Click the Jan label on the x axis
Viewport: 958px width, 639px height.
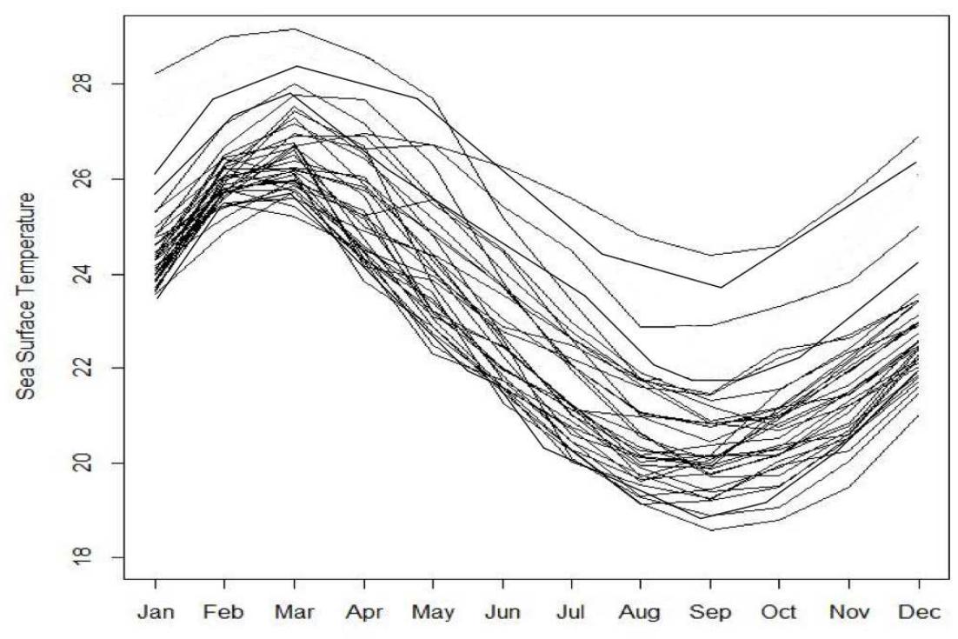pyautogui.click(x=156, y=612)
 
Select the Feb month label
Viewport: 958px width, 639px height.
pyautogui.click(x=224, y=612)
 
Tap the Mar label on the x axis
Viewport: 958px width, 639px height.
pyautogui.click(x=294, y=612)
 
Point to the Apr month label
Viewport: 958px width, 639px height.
pyautogui.click(x=363, y=612)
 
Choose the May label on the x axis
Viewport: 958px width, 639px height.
pyautogui.click(x=433, y=612)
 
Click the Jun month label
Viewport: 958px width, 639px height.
pyautogui.click(x=502, y=612)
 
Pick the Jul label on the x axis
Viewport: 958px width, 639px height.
pyautogui.click(x=571, y=612)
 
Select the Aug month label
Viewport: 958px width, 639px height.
pyautogui.click(x=641, y=612)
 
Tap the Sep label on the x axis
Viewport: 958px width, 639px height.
pyautogui.click(x=710, y=612)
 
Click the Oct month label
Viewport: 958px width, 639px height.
pyautogui.click(x=780, y=612)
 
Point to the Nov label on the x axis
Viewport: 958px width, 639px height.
pyautogui.click(x=849, y=612)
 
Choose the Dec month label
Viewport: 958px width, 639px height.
pyautogui.click(x=919, y=612)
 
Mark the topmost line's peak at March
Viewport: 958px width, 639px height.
pyautogui.click(x=294, y=29)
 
